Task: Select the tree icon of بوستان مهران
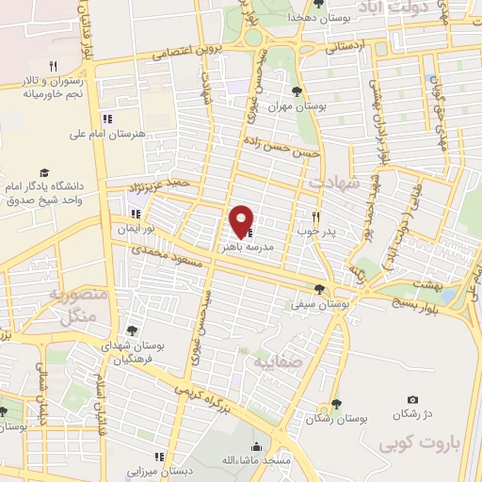pyautogui.click(x=297, y=92)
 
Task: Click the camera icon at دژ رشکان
pyautogui.click(x=412, y=400)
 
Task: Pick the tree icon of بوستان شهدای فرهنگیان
pyautogui.click(x=133, y=330)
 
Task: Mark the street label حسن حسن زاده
pyautogui.click(x=281, y=145)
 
